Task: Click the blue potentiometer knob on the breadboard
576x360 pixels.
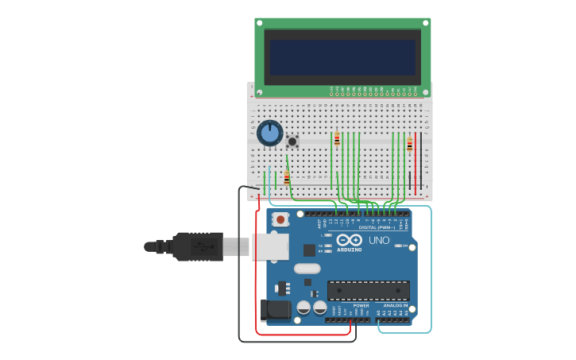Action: point(270,133)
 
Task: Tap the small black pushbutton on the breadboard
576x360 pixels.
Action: point(292,141)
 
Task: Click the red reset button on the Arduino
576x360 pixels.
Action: point(280,219)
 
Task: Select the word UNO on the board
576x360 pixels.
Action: point(379,240)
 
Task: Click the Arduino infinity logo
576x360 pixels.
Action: point(349,240)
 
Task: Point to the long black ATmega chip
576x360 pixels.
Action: point(369,290)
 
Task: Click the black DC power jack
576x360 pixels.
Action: point(274,310)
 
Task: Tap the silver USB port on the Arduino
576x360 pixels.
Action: point(270,246)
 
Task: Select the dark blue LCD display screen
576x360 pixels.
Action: point(342,58)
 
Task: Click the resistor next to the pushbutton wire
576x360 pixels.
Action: point(287,178)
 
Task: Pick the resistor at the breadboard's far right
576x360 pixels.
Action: point(410,144)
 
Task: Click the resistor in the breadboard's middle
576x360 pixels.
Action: point(337,139)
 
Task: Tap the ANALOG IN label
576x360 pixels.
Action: point(395,305)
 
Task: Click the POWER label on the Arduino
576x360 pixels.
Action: point(361,305)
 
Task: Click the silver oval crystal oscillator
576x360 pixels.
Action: point(307,268)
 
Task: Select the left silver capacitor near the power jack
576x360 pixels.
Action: point(303,307)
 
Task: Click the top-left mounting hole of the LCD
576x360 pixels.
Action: point(260,23)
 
